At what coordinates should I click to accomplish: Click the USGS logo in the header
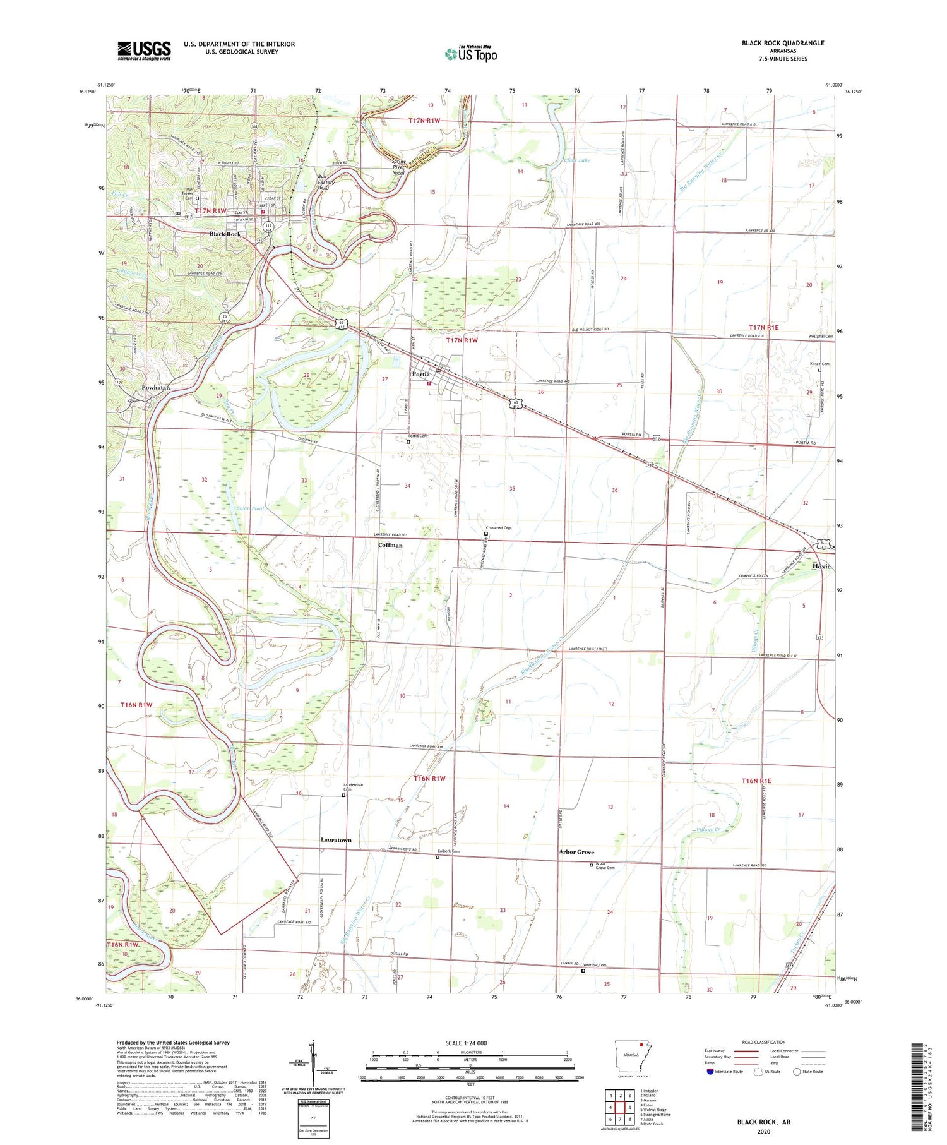(144, 51)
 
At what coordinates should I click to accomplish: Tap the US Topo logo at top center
(470, 54)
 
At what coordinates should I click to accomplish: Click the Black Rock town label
(225, 234)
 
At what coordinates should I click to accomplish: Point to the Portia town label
(421, 374)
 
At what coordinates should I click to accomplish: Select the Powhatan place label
(156, 388)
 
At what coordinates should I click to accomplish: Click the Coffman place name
(390, 544)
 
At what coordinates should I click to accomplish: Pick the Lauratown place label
(336, 840)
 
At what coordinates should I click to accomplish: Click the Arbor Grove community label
(576, 852)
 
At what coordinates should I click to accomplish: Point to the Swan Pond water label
(249, 508)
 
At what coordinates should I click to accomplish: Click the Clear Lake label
(577, 160)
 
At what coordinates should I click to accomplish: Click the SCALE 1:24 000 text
(470, 1043)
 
